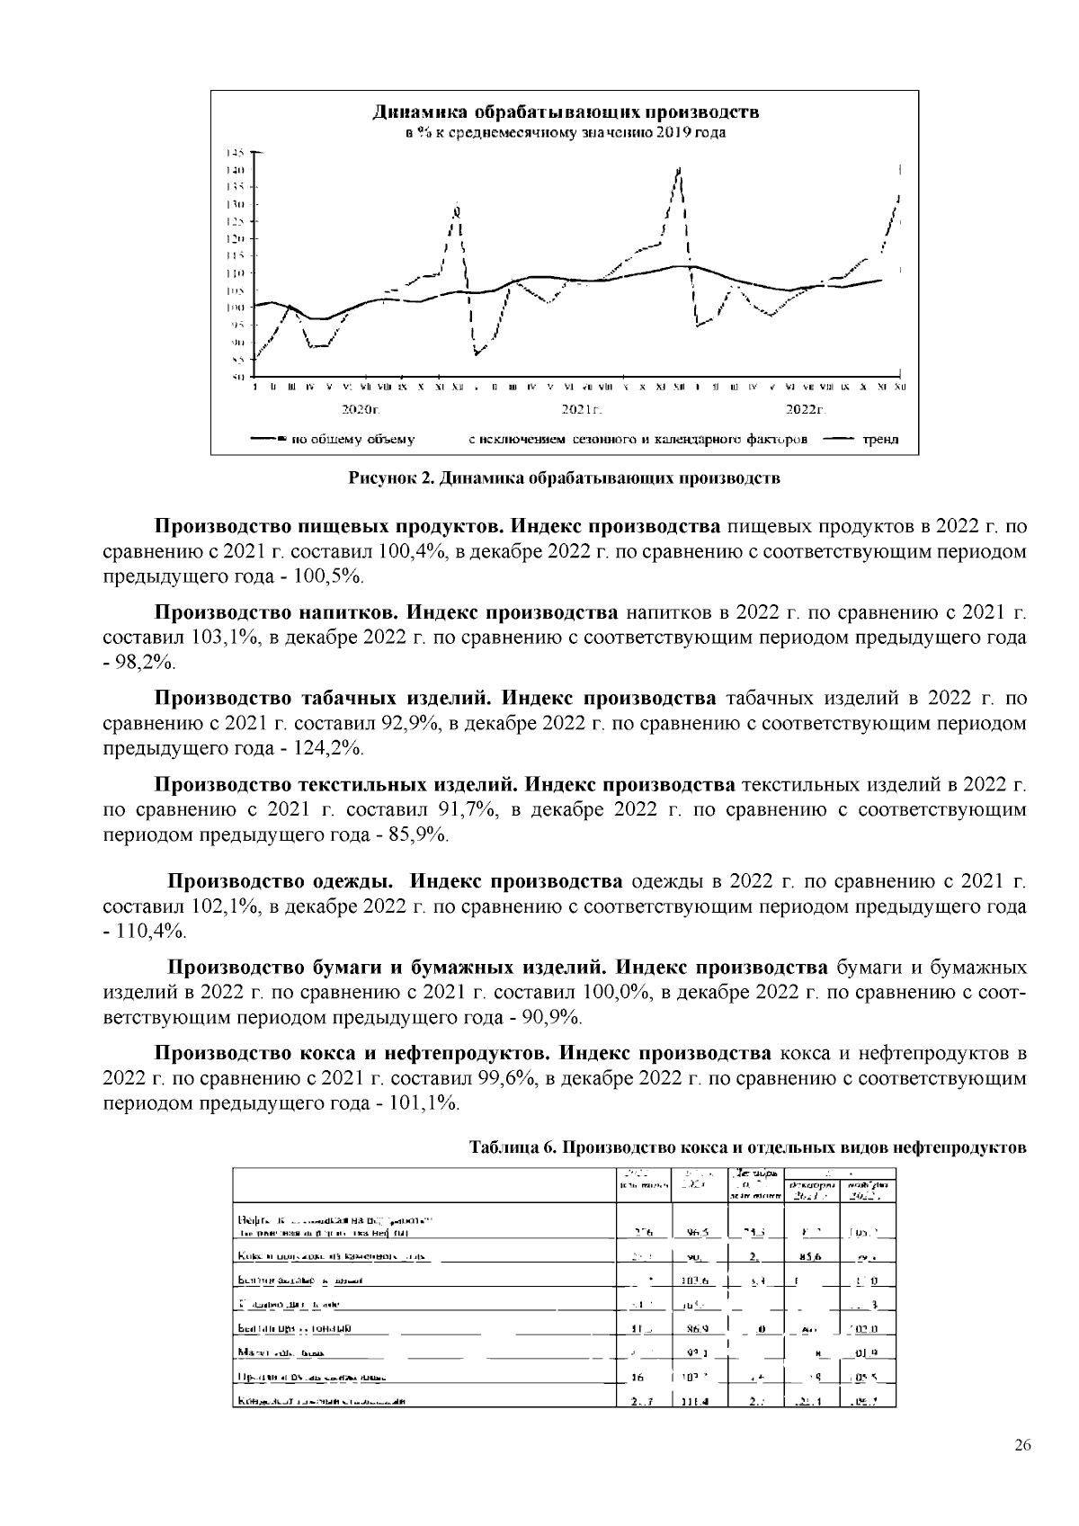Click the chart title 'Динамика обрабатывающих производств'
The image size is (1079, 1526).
566,113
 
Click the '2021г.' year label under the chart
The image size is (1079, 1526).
581,410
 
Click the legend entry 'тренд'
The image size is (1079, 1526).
880,440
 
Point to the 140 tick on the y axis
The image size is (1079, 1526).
236,170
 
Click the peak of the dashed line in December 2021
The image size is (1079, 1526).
679,169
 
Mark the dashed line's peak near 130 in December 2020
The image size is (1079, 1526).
458,210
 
